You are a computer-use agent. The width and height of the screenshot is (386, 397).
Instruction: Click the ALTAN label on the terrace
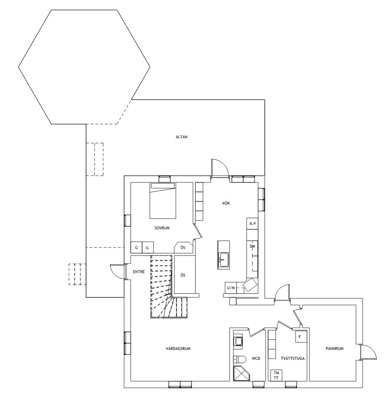coord(182,137)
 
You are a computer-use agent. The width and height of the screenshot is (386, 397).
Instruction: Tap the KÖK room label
coord(226,203)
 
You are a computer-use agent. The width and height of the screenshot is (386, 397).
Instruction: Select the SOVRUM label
coord(162,228)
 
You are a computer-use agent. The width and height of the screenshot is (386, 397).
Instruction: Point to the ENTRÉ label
coord(139,272)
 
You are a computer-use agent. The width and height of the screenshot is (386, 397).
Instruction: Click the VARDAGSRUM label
coord(178,348)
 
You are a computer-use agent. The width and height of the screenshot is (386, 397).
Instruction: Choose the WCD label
coord(256,358)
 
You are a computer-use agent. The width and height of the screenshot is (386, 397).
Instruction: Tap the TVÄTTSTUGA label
coord(293,358)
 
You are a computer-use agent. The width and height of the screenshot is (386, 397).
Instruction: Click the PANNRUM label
coord(334,348)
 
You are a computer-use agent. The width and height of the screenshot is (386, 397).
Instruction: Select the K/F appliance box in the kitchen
coord(253,223)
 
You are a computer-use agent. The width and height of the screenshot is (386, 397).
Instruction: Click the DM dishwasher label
coord(252,246)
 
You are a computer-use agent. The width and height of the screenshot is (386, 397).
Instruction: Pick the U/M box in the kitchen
coord(231,288)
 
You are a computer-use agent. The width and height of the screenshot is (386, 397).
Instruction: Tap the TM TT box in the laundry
coord(276,375)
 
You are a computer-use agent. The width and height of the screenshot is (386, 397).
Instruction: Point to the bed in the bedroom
coord(163,201)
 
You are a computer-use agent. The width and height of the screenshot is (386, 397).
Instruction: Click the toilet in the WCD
coord(240,359)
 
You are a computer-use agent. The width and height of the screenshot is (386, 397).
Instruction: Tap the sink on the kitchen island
coord(224,260)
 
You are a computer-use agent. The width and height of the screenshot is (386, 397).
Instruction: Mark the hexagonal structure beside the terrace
coord(84,67)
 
